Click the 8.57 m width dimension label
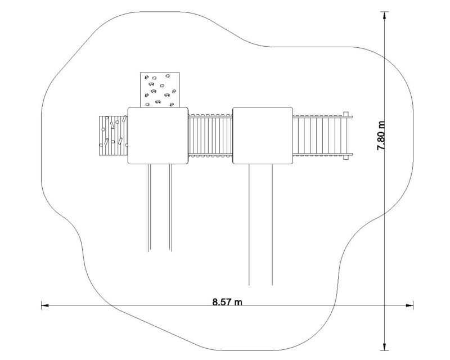click(x=227, y=302)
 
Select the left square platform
click(x=157, y=136)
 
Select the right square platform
click(x=262, y=136)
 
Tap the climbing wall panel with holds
click(x=159, y=90)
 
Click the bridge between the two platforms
click(x=209, y=136)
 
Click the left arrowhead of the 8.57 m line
click(x=44, y=306)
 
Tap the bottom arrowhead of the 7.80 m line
click(x=385, y=346)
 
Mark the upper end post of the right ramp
click(x=346, y=112)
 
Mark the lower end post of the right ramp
click(x=346, y=159)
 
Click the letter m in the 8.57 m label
click(x=238, y=303)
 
